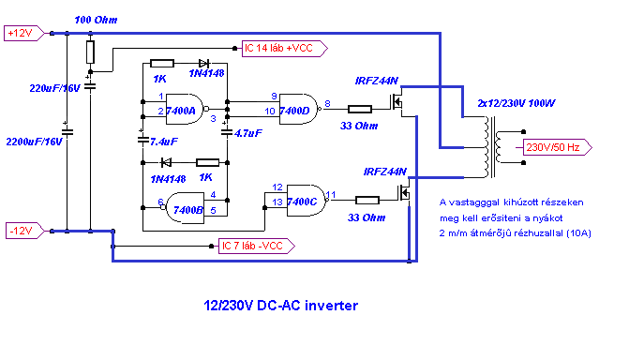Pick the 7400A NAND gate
[x=185, y=109]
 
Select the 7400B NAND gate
[x=185, y=208]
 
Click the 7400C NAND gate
[x=306, y=201]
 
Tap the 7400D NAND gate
[x=298, y=109]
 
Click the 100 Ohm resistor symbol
[x=90, y=52]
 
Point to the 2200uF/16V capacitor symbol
[x=67, y=131]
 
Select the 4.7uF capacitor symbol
[x=227, y=131]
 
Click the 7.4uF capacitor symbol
[x=143, y=140]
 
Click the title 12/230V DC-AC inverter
[x=281, y=306]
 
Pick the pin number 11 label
[x=331, y=195]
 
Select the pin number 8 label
[x=327, y=104]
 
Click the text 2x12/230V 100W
[x=517, y=103]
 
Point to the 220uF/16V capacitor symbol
[x=90, y=85]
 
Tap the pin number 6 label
[x=160, y=202]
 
